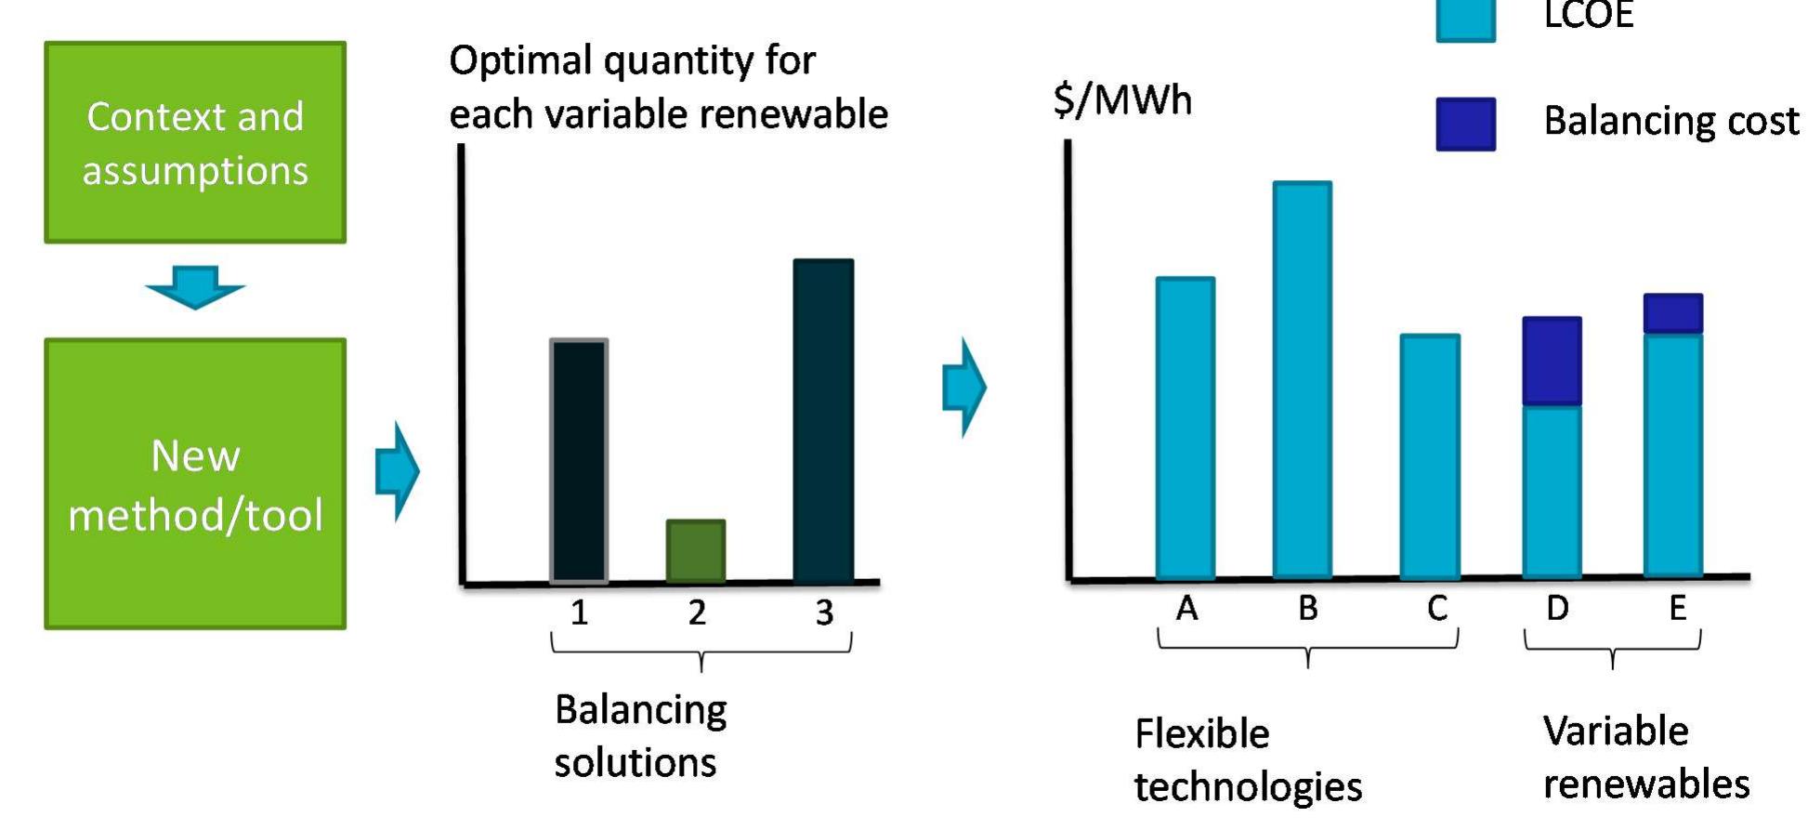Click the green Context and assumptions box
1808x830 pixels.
click(x=195, y=142)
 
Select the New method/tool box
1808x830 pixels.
click(x=195, y=483)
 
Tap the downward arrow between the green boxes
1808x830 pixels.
click(x=195, y=286)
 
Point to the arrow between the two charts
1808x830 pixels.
click(x=964, y=387)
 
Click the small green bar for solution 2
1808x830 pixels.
click(x=696, y=550)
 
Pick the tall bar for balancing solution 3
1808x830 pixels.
click(x=823, y=420)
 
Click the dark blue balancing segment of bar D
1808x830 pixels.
click(x=1551, y=361)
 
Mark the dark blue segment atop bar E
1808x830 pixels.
click(x=1672, y=313)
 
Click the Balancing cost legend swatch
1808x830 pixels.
click(x=1465, y=124)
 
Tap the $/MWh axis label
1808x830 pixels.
click(x=1122, y=99)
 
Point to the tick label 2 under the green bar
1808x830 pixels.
click(x=697, y=612)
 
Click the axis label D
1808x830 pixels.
click(x=1557, y=608)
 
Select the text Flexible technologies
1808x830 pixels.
click(x=1248, y=760)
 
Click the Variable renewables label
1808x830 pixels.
click(x=1645, y=758)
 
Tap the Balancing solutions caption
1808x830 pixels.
click(x=640, y=736)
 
